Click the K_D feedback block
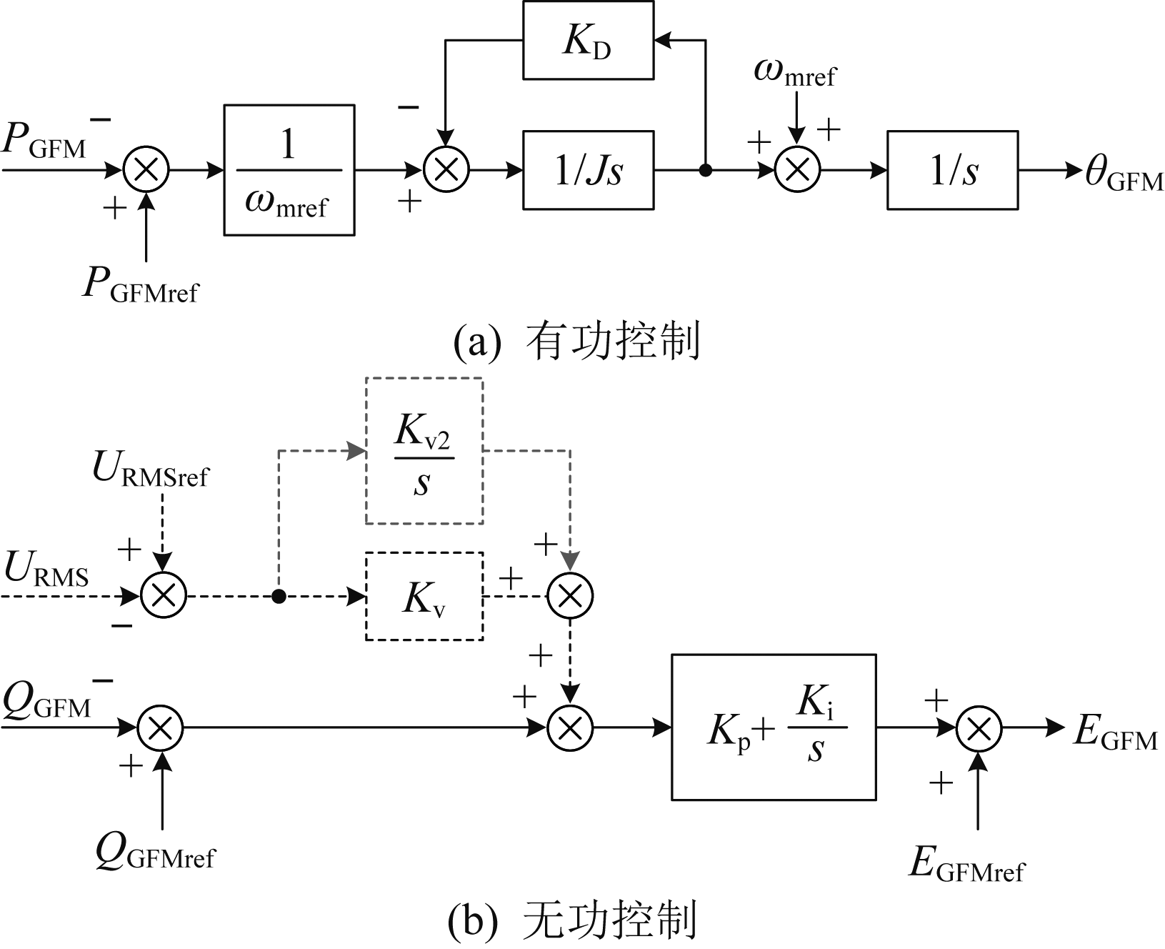(588, 40)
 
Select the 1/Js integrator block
(588, 170)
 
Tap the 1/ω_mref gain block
(289, 170)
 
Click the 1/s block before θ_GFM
(952, 170)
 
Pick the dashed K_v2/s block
(424, 451)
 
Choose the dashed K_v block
(424, 596)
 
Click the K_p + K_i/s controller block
(774, 727)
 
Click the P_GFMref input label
(141, 285)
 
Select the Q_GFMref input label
(155, 851)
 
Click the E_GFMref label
(966, 864)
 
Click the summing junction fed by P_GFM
(146, 170)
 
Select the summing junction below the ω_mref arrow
(797, 170)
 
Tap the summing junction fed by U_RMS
(164, 595)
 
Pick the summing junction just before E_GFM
(979, 727)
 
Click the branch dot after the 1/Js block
(705, 170)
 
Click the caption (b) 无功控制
(571, 920)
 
